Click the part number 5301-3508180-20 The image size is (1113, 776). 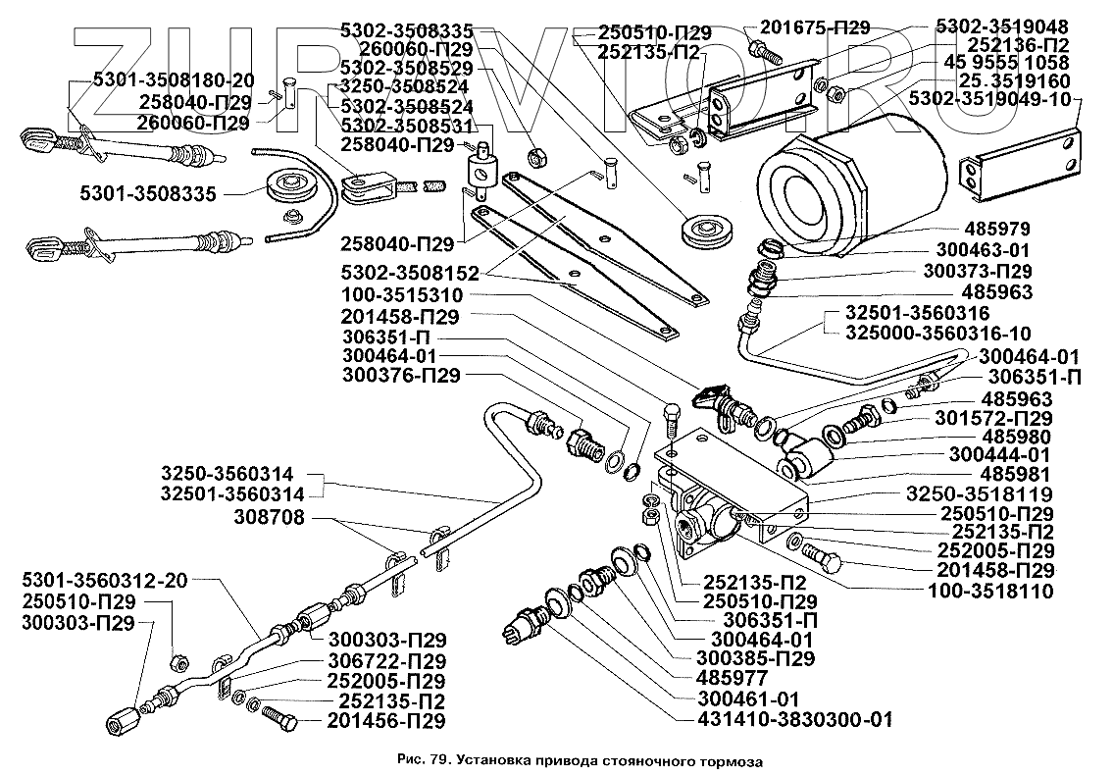(175, 80)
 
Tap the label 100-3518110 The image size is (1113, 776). (990, 591)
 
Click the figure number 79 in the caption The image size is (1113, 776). (438, 760)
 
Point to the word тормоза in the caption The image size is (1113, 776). (729, 760)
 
